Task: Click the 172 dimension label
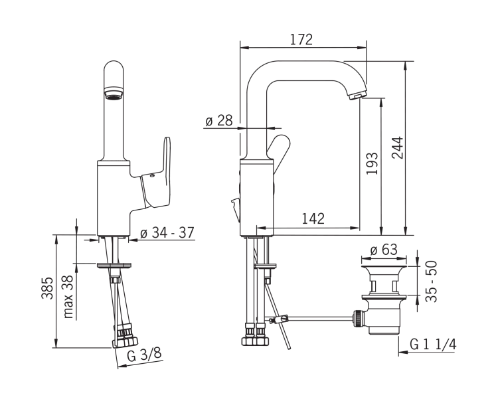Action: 301,39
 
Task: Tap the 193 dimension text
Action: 372,163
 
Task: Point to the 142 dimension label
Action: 313,218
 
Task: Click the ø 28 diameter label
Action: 219,121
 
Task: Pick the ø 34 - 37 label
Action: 167,233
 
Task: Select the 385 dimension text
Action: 47,288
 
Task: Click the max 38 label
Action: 68,297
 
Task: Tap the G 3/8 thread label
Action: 144,354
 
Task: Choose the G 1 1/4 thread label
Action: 433,345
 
